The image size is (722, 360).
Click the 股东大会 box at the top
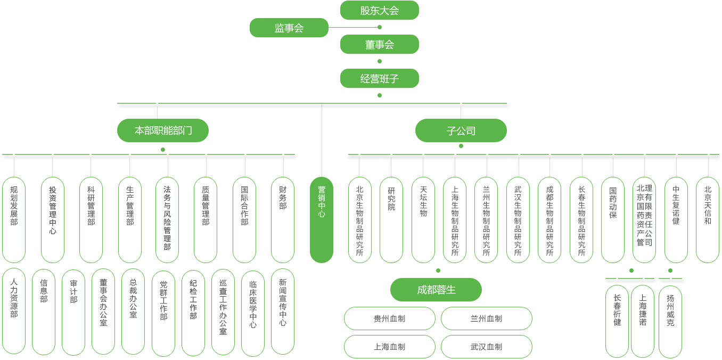379,11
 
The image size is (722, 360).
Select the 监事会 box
289,28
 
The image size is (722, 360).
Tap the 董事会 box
379,45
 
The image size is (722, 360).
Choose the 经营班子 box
379,79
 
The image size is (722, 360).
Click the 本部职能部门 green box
163,130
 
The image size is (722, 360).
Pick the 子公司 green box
461,130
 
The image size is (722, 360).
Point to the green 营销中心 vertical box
322,220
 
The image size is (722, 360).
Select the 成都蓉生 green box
436,290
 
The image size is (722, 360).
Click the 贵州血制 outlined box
389,318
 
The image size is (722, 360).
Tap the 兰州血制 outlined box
486,318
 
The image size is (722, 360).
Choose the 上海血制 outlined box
389,347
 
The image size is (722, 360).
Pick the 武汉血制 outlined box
486,347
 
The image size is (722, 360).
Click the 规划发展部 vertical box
14,220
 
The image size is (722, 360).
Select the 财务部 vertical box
283,220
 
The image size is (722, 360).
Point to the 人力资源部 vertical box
14,312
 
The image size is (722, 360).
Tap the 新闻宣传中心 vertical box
283,312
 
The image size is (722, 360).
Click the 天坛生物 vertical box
423,220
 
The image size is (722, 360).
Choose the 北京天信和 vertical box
708,220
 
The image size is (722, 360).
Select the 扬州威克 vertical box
670,321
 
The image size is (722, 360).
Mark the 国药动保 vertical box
613,220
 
